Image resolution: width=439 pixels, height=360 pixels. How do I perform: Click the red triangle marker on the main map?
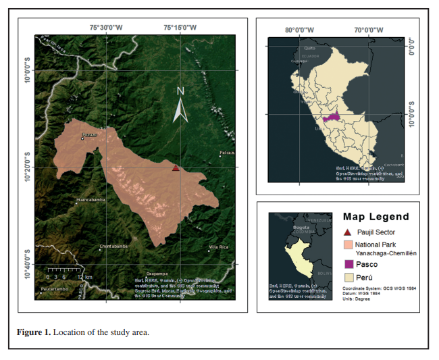(x=176, y=168)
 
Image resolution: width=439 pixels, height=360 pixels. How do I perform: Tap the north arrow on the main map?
(x=180, y=105)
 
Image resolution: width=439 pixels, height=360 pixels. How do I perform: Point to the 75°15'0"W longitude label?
(x=180, y=28)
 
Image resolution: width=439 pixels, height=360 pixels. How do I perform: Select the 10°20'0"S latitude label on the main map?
(x=28, y=167)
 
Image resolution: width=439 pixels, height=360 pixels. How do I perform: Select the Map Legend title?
(x=376, y=217)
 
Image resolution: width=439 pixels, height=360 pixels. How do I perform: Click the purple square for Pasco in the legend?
(x=348, y=264)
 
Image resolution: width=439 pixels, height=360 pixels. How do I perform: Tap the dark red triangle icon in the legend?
(x=348, y=232)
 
